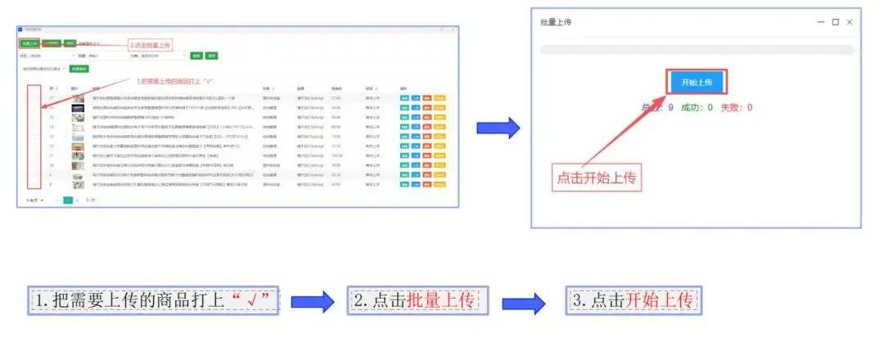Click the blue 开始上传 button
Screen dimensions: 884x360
697,83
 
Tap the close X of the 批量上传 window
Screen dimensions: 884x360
850,22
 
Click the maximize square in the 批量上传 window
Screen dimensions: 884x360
835,22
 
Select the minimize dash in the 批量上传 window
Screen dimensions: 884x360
819,22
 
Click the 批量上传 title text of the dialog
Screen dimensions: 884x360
556,22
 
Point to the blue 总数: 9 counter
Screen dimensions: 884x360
658,107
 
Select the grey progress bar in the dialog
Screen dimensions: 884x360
697,51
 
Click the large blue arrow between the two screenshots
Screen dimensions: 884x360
498,127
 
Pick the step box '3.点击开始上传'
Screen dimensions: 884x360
635,299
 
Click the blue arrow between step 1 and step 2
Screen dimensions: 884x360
313,300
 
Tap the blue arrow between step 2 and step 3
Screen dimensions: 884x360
525,300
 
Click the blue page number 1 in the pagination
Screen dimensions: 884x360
68,200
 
